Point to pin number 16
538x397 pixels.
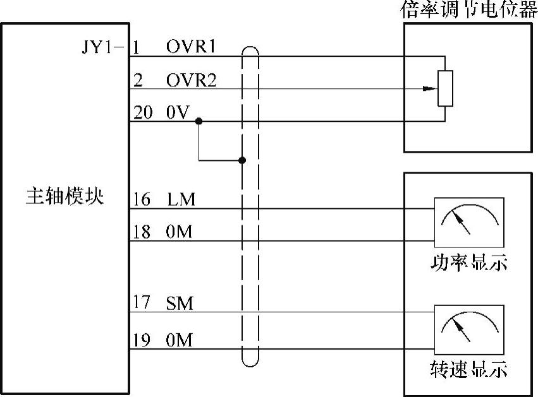pos(142,200)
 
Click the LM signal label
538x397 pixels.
pos(181,200)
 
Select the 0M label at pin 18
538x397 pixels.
pos(180,233)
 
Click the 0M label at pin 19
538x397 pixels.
pos(180,341)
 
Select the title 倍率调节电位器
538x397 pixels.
pos(469,10)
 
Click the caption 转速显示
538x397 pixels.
pos(468,369)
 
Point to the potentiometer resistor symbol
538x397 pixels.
pos(446,88)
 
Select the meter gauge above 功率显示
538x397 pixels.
pos(468,222)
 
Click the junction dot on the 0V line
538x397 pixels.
pos(199,120)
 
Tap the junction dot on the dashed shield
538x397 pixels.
pos(242,160)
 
